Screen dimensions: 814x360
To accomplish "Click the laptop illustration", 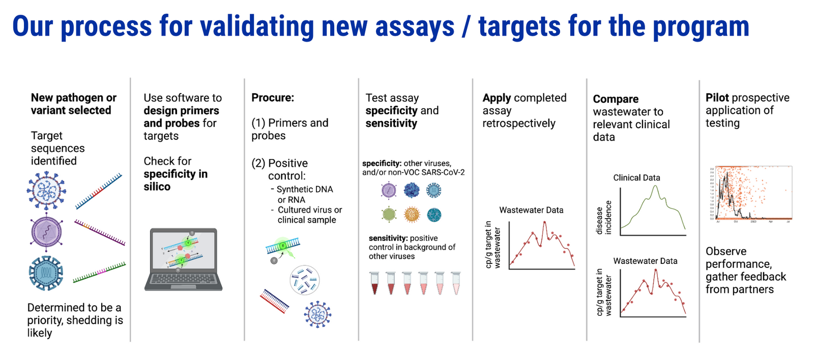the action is [183, 259].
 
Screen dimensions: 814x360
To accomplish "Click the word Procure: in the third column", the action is [273, 98].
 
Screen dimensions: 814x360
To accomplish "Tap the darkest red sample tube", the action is [375, 283].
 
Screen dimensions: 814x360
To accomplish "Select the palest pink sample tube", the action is [456, 283].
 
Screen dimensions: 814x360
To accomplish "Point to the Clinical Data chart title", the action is [636, 177].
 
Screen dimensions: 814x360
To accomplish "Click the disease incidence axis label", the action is [603, 218].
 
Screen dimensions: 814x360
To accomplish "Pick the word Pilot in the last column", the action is [717, 98].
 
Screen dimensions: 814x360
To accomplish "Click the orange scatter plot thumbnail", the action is [750, 193].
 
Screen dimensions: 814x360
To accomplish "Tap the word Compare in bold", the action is [616, 99].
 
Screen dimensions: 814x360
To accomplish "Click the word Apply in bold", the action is [497, 98].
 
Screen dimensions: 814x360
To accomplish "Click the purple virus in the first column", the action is [46, 232].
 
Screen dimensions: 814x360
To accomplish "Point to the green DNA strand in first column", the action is [99, 272].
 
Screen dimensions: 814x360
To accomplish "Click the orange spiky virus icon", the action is [412, 215].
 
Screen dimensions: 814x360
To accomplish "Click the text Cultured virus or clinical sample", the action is [309, 215].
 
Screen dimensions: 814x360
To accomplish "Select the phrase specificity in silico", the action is [175, 180].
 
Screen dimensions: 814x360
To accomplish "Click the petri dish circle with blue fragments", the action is [305, 280].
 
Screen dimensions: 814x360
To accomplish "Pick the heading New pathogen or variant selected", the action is [73, 104].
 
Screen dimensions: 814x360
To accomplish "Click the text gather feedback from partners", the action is [745, 283].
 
